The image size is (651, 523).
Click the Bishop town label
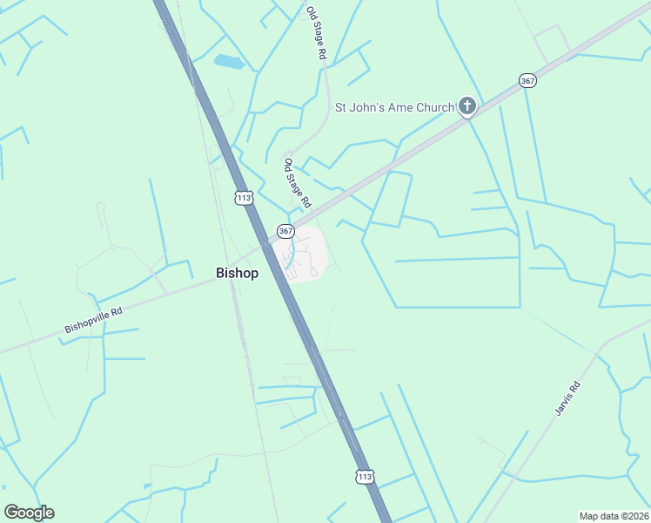coord(237,273)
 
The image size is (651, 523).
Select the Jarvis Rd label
coord(567,398)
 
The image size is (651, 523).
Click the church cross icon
coord(467,107)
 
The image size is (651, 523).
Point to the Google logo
coord(29,513)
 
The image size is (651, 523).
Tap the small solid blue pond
coord(229,61)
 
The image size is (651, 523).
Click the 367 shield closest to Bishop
coord(285,231)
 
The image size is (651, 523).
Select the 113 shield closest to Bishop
coord(244,198)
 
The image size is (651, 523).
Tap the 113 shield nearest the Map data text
coord(365,476)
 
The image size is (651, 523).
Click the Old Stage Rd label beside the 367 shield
coord(298,182)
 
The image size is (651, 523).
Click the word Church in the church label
coord(434,107)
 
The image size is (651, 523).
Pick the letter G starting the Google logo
coord(11,513)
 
